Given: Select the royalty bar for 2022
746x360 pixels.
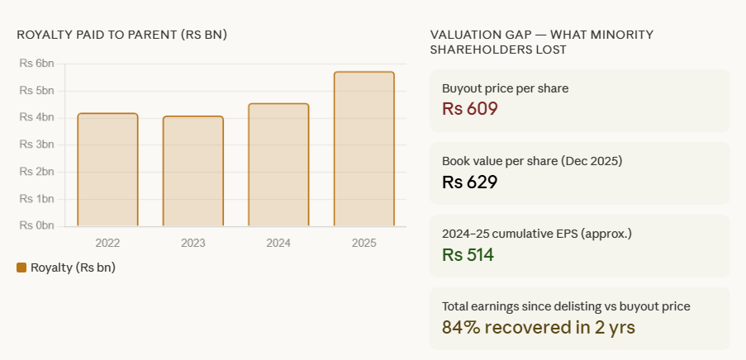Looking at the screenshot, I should tap(107, 169).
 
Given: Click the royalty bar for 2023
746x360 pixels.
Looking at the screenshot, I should tap(192, 171).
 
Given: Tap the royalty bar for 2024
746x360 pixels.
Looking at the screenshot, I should tap(278, 164).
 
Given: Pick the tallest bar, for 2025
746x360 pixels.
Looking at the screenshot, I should tap(363, 149).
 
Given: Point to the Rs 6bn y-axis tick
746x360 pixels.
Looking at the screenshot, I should tap(36, 64).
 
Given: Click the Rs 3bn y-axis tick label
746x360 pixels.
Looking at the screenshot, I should tap(36, 144).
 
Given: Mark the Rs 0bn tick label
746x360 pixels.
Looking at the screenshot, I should tap(36, 225).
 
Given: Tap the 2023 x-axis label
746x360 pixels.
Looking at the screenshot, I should tap(192, 244).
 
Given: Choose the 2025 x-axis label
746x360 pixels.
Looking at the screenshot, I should tap(363, 244).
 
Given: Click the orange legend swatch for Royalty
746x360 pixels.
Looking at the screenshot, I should tap(21, 268).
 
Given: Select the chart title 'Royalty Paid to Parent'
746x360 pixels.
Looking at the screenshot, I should tap(121, 35).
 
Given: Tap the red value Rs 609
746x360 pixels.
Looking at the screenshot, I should tap(469, 109).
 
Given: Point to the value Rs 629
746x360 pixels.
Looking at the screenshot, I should tap(469, 182).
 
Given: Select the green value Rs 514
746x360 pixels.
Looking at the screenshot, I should tap(468, 254).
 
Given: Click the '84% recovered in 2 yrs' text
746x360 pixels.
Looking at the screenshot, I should tap(538, 327).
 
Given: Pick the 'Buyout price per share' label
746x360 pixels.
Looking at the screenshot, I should tap(505, 88).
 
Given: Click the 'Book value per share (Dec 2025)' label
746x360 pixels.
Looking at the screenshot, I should tap(532, 161).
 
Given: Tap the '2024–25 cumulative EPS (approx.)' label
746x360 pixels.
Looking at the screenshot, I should tap(537, 234).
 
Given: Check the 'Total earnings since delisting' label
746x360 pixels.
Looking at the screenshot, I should tap(566, 306).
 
